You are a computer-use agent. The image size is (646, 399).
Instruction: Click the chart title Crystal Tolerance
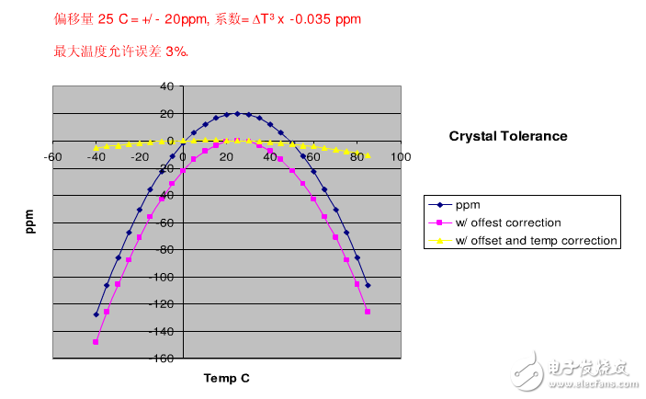pos(507,136)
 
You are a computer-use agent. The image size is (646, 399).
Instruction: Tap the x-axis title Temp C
pos(226,378)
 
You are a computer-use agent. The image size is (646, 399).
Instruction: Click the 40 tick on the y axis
pos(166,86)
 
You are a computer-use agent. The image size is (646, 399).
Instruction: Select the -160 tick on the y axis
pos(162,359)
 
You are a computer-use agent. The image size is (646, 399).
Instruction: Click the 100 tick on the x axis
pos(401,156)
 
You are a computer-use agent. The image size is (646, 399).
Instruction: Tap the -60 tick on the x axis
pos(52,156)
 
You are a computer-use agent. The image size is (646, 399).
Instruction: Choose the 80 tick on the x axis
pos(357,156)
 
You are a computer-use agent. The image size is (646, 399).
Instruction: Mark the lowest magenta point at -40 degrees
pos(96,342)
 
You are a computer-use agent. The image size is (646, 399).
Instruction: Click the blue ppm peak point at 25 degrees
pos(237,114)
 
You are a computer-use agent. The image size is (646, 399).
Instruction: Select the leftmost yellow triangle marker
pos(96,147)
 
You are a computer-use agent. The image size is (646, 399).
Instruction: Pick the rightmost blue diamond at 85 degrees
pos(368,285)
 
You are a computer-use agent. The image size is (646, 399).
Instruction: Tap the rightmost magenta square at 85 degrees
pos(368,312)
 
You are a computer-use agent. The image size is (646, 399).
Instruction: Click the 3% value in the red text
pos(176,51)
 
